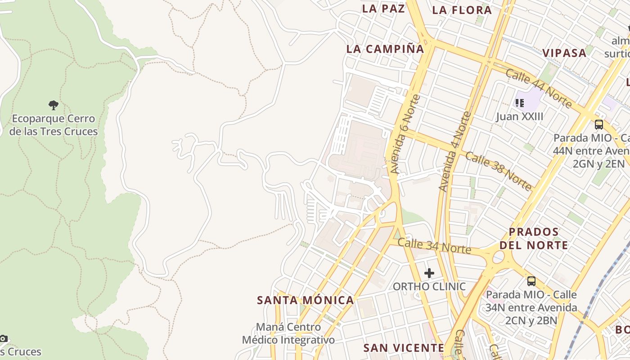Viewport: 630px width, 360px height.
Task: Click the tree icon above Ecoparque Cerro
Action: coord(54,105)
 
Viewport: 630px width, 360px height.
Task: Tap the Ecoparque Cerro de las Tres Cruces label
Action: coord(54,125)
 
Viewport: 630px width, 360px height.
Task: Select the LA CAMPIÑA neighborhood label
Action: coord(385,49)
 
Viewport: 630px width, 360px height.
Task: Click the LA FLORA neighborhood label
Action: coord(462,10)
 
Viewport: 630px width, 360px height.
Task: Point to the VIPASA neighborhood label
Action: coord(564,53)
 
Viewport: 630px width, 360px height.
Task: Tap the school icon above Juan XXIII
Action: coord(520,103)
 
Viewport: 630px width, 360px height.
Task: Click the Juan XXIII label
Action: coord(520,117)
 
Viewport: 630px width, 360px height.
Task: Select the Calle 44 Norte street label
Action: coord(538,88)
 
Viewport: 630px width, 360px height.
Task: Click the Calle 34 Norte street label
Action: coord(434,246)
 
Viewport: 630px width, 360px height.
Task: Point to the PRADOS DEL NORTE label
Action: coord(534,238)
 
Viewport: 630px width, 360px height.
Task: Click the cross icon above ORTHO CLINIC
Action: coord(429,273)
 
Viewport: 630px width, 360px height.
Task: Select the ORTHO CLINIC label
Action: coord(429,287)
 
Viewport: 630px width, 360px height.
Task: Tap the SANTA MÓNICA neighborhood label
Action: coord(305,300)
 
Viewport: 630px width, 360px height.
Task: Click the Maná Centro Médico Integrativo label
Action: coord(288,333)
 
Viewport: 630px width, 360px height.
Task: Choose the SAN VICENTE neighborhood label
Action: coord(404,348)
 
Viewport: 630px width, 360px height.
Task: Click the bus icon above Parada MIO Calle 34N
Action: coord(531,281)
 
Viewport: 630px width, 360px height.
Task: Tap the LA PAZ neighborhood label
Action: coord(383,9)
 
